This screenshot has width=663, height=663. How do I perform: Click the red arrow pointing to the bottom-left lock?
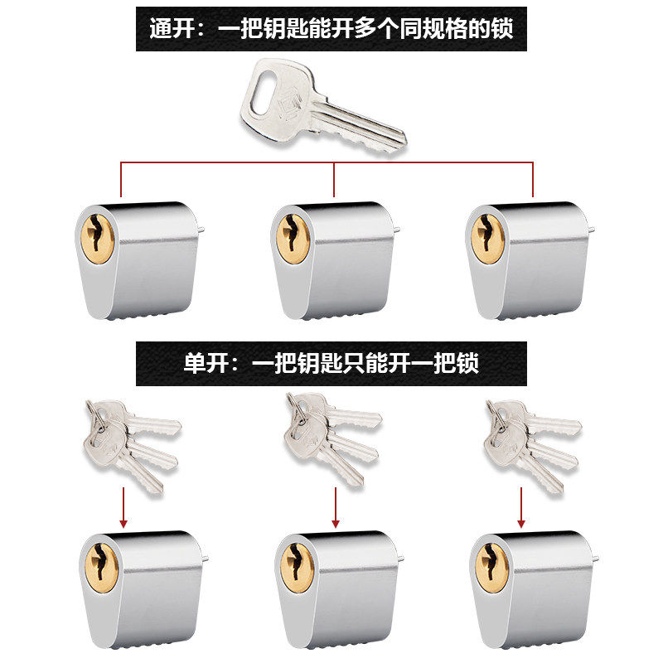click(123, 507)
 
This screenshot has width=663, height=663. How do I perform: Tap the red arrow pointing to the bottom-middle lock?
click(336, 507)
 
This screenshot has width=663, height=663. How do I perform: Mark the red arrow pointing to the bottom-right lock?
click(521, 507)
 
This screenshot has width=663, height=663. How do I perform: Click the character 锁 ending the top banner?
click(501, 28)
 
